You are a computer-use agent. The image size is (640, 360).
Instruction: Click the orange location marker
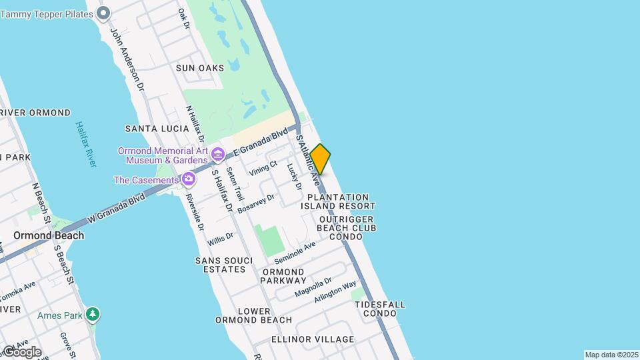(x=320, y=159)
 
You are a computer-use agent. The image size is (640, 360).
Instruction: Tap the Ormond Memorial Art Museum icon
(x=217, y=155)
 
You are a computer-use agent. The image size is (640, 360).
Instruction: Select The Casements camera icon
(x=189, y=179)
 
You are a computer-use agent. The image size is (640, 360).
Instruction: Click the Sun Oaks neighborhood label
(x=200, y=68)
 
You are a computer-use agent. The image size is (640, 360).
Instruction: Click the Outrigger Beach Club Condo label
(x=346, y=228)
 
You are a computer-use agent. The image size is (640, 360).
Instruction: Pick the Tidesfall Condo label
(x=380, y=309)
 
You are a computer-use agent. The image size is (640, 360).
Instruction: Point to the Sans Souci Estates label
(x=221, y=265)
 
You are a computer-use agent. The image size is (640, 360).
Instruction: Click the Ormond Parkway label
(x=283, y=276)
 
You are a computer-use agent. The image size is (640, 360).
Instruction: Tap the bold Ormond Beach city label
(x=49, y=235)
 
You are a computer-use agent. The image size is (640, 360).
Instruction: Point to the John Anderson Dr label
(x=127, y=59)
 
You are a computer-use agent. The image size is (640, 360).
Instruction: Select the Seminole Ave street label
(x=294, y=253)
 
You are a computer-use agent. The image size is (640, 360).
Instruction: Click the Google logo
(x=21, y=351)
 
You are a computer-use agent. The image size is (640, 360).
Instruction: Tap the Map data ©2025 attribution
(x=611, y=355)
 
